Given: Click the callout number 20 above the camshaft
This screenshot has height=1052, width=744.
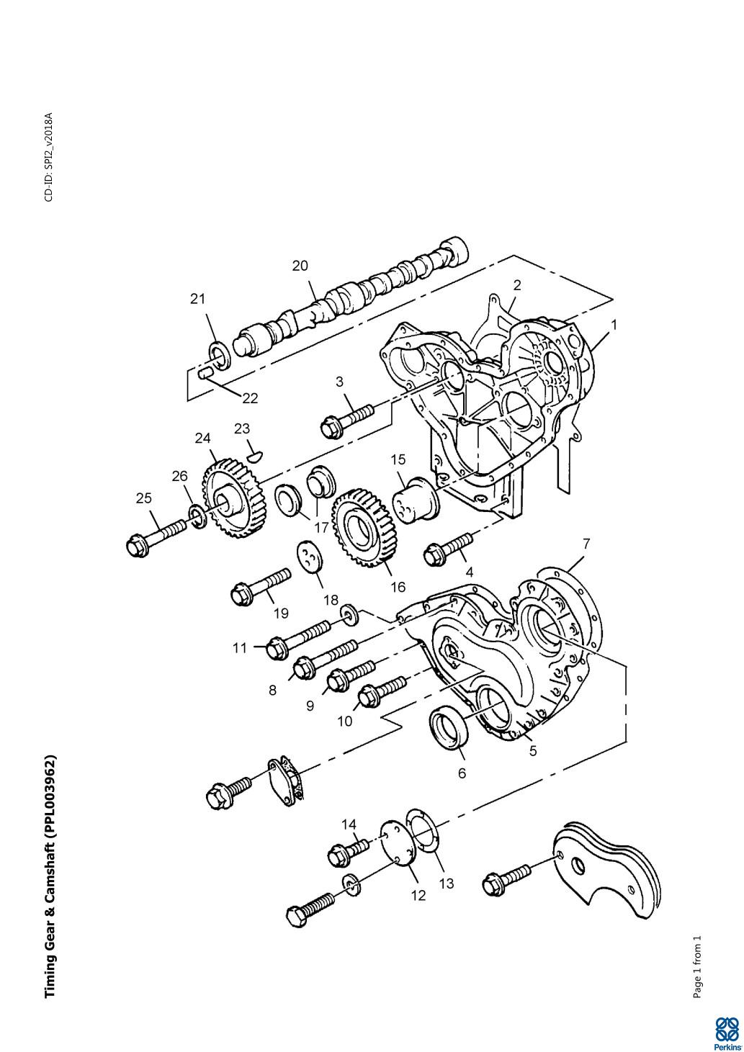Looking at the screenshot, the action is coord(300,266).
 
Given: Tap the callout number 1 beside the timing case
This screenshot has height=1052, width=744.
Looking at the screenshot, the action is coord(614,325).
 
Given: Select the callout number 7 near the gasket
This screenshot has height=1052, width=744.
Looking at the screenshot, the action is coord(586,544).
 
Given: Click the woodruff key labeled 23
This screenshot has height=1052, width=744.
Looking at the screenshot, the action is coord(256,455).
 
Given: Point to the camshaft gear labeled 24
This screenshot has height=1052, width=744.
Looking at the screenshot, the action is coord(233,499).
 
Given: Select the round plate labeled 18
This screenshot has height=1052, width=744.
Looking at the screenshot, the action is coord(310,558).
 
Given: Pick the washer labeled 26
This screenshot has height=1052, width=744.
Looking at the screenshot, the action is coord(197,516).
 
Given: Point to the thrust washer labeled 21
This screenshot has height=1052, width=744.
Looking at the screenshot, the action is coord(220,356).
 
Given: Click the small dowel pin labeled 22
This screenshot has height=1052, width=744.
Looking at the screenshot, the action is coord(205,374).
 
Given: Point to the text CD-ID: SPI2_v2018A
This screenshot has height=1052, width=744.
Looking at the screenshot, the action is coord(49,157).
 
